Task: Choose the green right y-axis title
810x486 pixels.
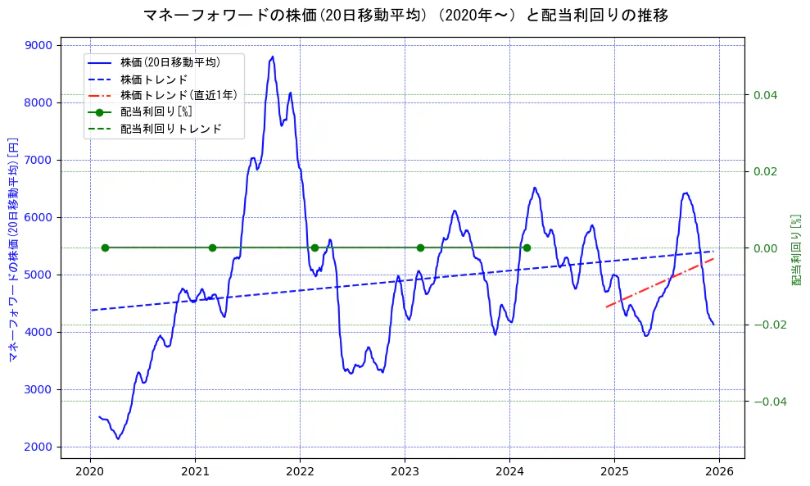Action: click(795, 250)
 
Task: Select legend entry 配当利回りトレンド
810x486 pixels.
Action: click(170, 129)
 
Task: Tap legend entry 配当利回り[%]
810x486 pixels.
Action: click(156, 112)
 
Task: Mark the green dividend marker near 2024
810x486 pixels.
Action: click(527, 248)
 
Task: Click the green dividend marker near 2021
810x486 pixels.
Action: click(212, 248)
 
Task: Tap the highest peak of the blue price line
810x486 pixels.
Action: click(273, 57)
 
